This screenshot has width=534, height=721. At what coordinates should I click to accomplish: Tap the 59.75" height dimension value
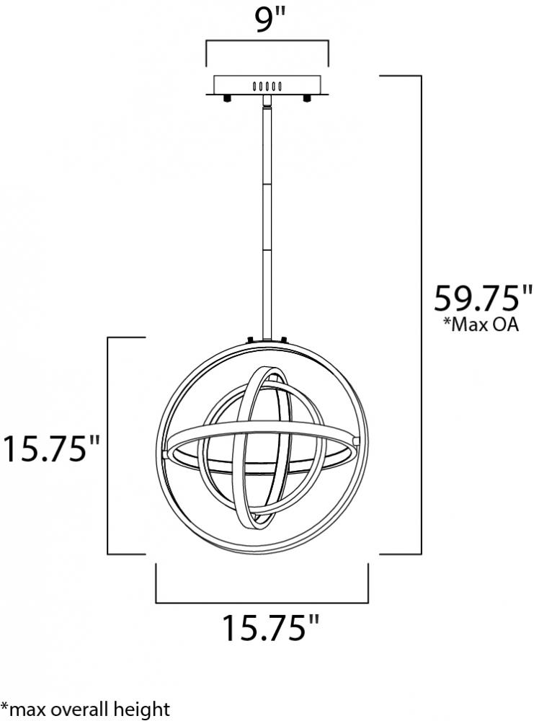[x=483, y=298]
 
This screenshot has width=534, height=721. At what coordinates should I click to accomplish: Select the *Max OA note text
[x=481, y=324]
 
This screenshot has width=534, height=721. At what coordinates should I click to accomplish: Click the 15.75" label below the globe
[x=271, y=627]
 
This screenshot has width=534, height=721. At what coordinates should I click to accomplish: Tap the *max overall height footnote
[x=85, y=709]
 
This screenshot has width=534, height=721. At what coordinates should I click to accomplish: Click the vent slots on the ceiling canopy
[x=267, y=86]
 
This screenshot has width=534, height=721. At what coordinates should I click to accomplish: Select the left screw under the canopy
[x=226, y=98]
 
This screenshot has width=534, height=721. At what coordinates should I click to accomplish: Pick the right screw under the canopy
[x=306, y=98]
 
